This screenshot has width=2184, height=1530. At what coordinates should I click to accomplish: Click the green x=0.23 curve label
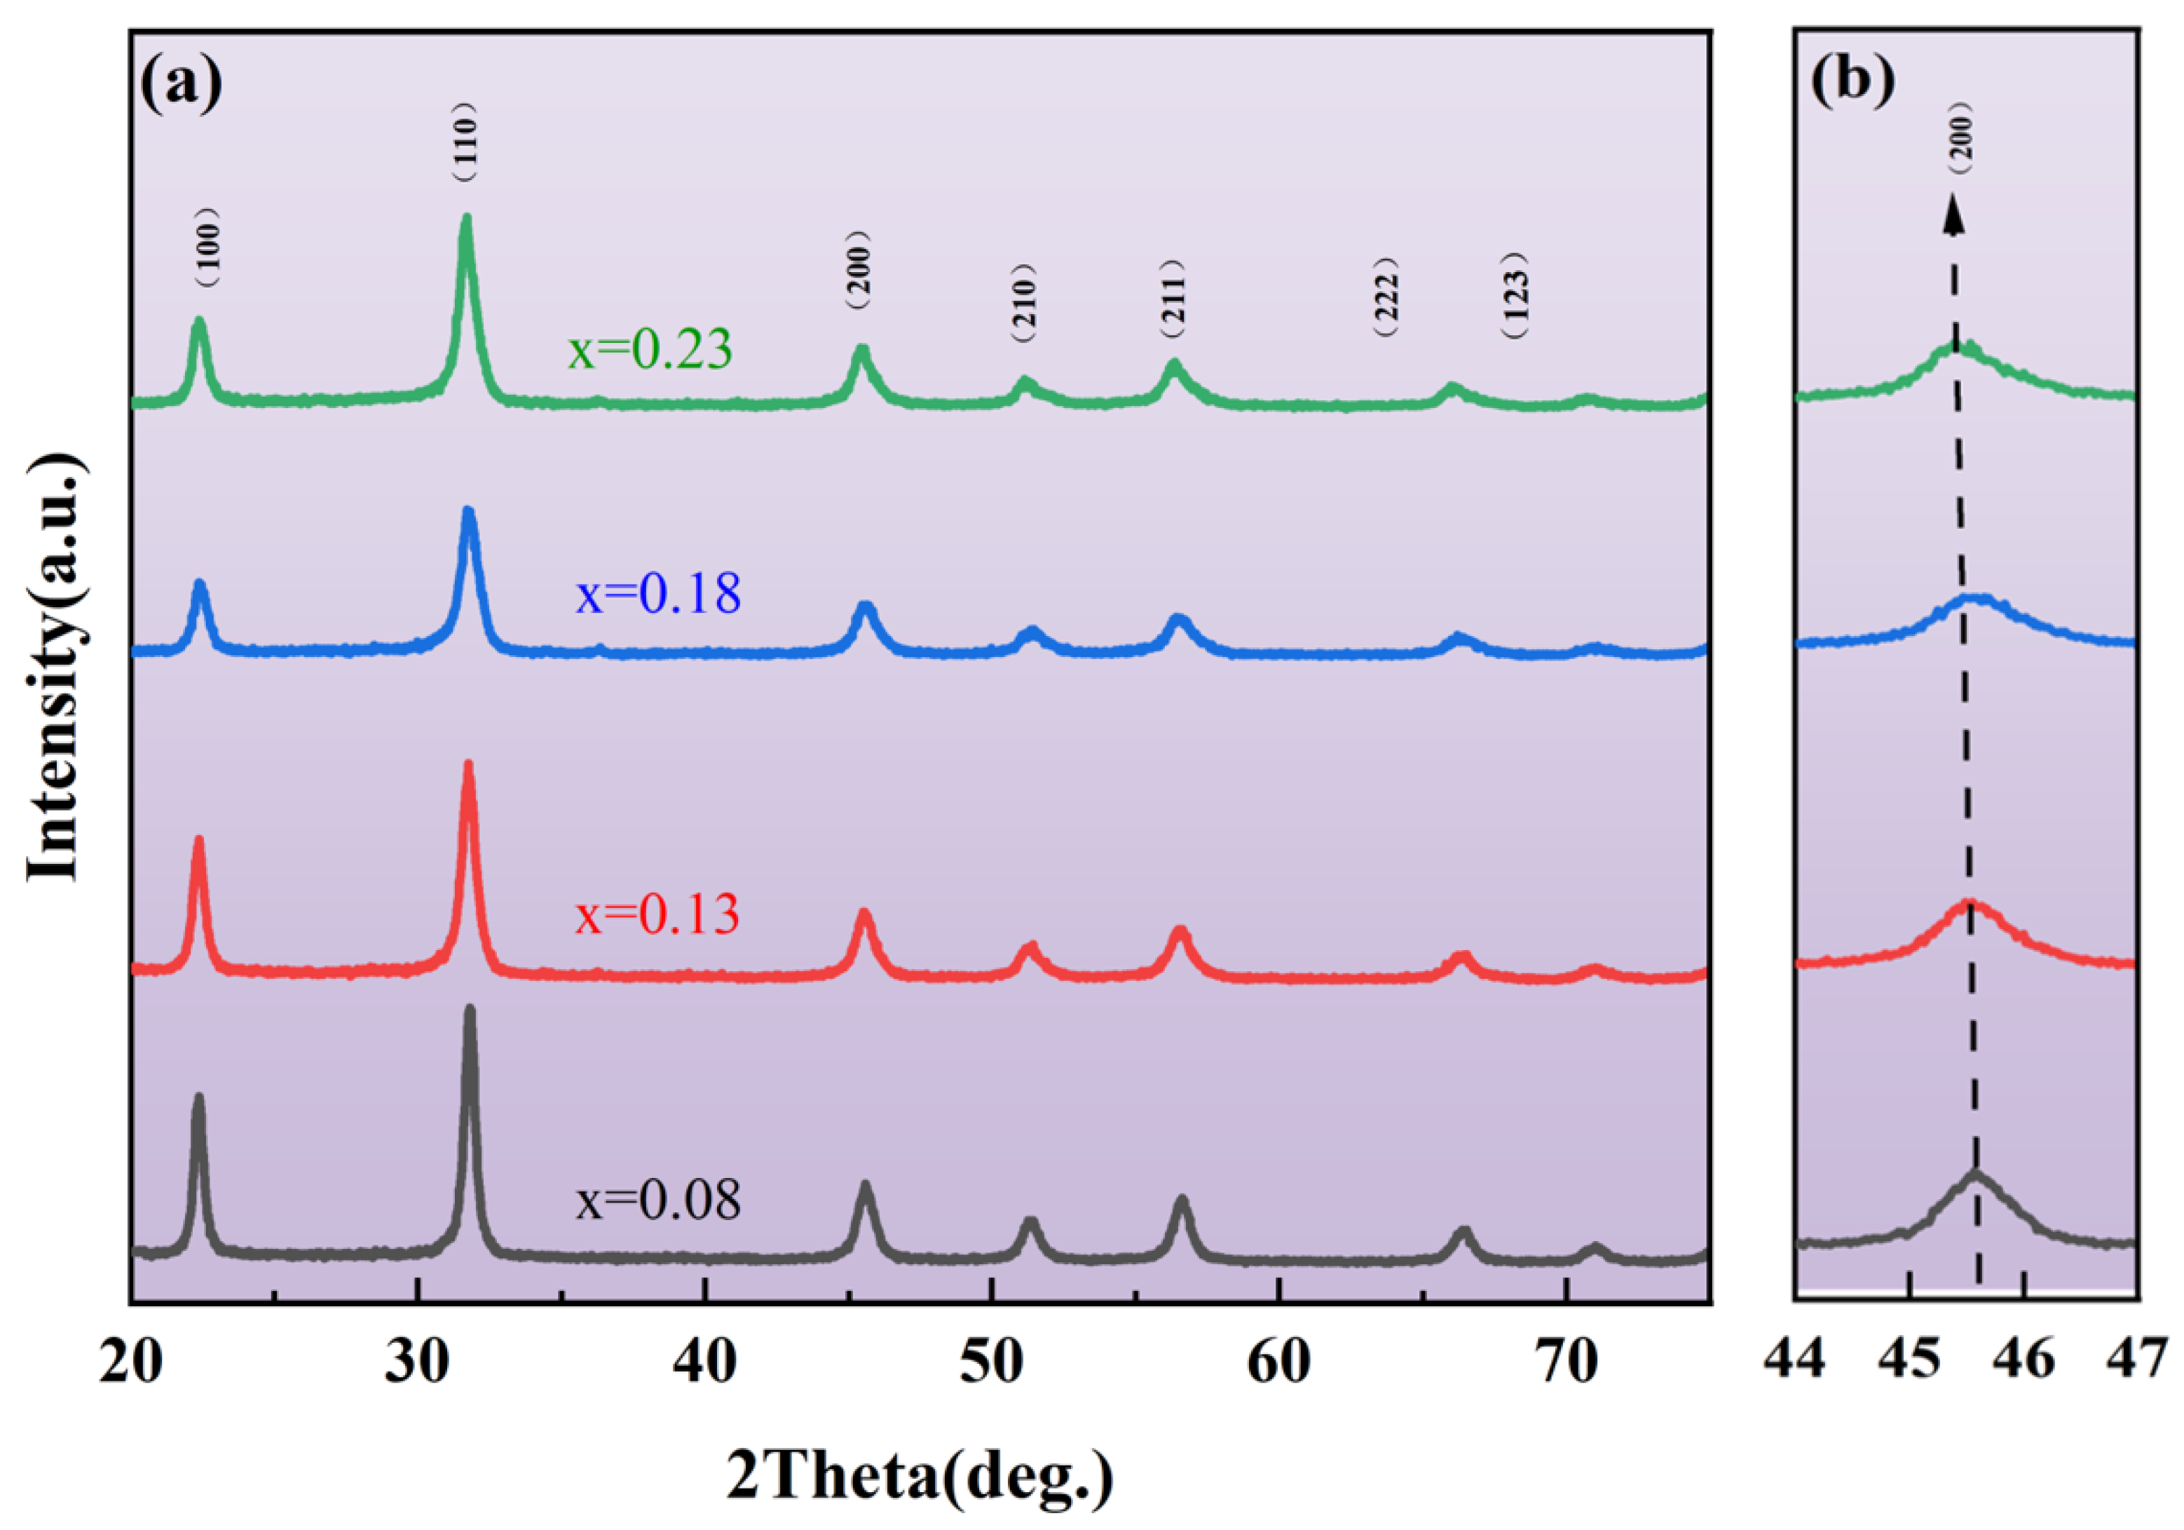click(650, 349)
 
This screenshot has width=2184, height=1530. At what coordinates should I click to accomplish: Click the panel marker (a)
click(181, 83)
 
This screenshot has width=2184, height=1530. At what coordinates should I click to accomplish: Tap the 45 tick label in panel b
click(1909, 1362)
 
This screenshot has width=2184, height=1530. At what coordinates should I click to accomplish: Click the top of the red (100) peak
click(199, 840)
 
